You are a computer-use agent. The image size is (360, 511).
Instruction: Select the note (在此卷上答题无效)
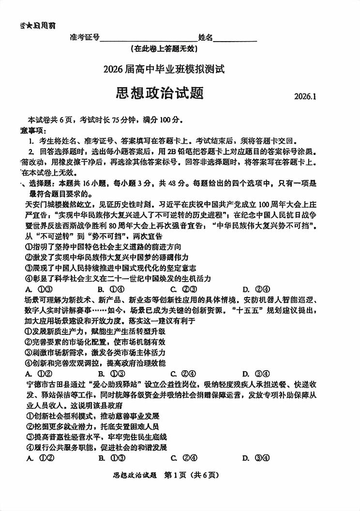(165, 48)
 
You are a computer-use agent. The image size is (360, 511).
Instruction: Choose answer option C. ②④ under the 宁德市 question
(183, 458)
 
